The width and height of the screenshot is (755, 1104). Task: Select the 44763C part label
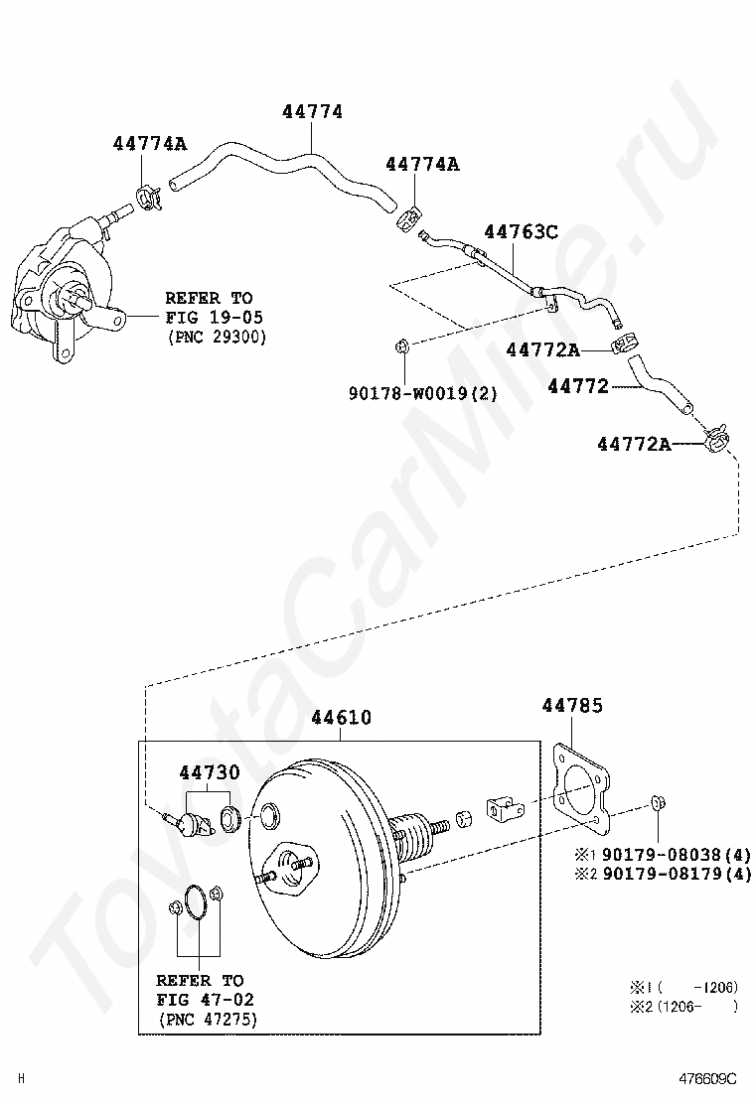521,232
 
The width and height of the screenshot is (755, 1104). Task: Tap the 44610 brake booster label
341,717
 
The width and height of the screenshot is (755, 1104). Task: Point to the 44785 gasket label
572,706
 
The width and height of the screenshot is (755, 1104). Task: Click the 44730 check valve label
209,772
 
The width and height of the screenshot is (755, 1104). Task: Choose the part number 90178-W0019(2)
422,394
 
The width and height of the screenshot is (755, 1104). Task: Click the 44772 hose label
578,386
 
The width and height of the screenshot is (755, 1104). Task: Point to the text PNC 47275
208,1020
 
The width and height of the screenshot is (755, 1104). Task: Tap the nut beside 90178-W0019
403,346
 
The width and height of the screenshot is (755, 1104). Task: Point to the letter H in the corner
21,1078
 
